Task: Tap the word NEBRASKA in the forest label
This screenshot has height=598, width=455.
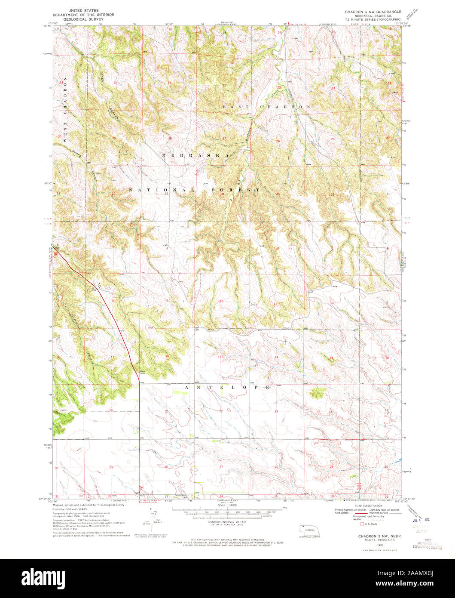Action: click(195, 154)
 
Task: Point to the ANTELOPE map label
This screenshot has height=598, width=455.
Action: click(228, 387)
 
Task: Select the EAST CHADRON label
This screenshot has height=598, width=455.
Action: click(266, 106)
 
